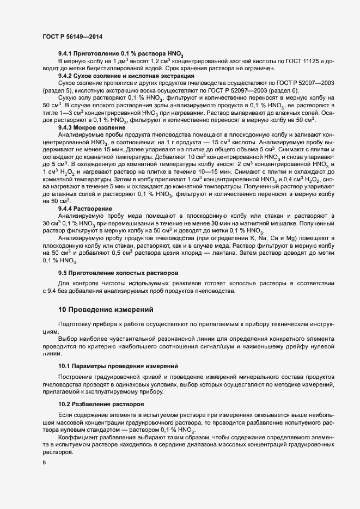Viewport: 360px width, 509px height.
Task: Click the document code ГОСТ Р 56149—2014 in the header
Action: point(72,36)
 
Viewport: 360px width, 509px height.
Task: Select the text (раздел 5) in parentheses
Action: point(59,90)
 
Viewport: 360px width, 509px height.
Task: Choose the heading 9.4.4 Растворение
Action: point(85,208)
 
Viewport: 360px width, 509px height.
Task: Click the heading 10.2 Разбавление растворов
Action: point(101,404)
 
